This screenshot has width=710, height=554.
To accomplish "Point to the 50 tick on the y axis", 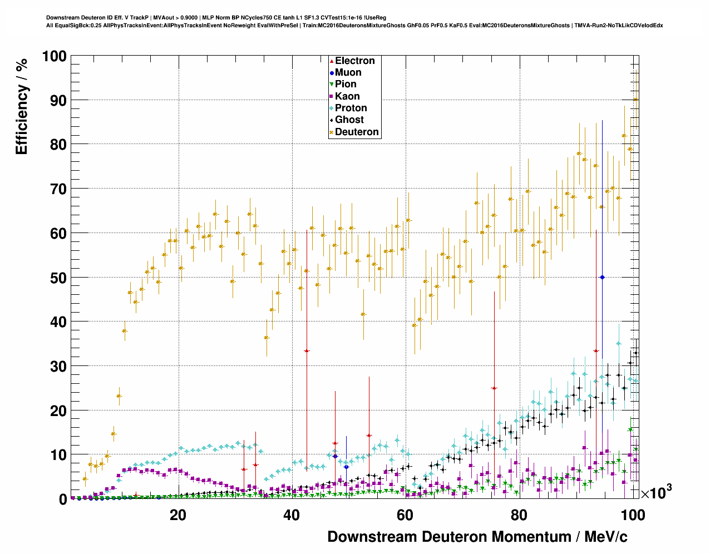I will coord(58,278).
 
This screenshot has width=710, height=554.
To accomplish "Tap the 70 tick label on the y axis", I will coord(58,189).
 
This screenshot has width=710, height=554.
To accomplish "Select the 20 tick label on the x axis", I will coord(178,515).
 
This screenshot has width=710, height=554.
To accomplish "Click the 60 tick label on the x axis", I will coord(405,515).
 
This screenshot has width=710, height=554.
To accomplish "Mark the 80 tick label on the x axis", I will coord(519,515).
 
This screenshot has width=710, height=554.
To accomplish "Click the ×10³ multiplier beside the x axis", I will coord(656,492).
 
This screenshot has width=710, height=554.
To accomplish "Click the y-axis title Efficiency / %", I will coord(22,106).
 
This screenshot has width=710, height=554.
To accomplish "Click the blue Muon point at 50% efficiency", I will coord(602,277).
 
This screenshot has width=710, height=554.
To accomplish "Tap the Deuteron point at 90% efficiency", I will coord(635,100).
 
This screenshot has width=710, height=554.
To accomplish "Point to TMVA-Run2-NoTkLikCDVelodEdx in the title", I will coord(618,25).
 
